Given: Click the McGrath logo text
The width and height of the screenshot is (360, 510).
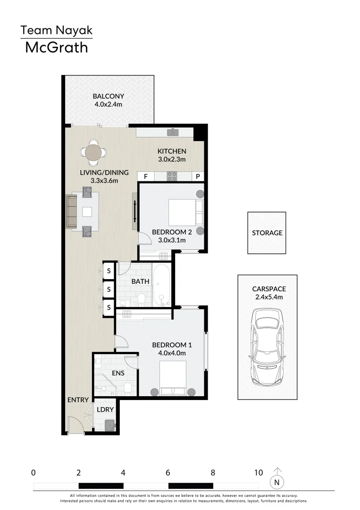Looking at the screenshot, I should [x=56, y=47].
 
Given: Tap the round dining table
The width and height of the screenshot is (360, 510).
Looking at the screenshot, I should [x=93, y=152].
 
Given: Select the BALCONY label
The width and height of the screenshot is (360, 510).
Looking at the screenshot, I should [x=108, y=96].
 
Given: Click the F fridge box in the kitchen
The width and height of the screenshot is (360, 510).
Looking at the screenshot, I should [x=146, y=177].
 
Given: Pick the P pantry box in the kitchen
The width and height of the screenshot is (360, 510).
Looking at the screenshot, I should [x=198, y=177].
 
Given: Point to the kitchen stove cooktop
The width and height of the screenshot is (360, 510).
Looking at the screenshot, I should [x=172, y=177].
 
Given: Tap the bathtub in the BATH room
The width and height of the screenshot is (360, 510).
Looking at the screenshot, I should [x=161, y=285].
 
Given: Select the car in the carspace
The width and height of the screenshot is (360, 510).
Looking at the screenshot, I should [x=268, y=347].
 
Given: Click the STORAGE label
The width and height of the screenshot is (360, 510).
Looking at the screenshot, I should [x=267, y=233].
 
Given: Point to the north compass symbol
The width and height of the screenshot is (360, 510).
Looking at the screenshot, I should [x=277, y=482].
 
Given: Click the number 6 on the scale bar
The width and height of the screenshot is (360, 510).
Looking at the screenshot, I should [x=168, y=472].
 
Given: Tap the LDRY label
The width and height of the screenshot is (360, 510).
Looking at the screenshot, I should [x=105, y=409].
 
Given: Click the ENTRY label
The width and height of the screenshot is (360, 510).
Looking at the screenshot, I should [x=78, y=400].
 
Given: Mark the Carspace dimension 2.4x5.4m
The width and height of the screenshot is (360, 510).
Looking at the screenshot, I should [x=267, y=297].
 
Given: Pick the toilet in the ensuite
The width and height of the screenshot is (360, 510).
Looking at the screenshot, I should [x=127, y=389].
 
